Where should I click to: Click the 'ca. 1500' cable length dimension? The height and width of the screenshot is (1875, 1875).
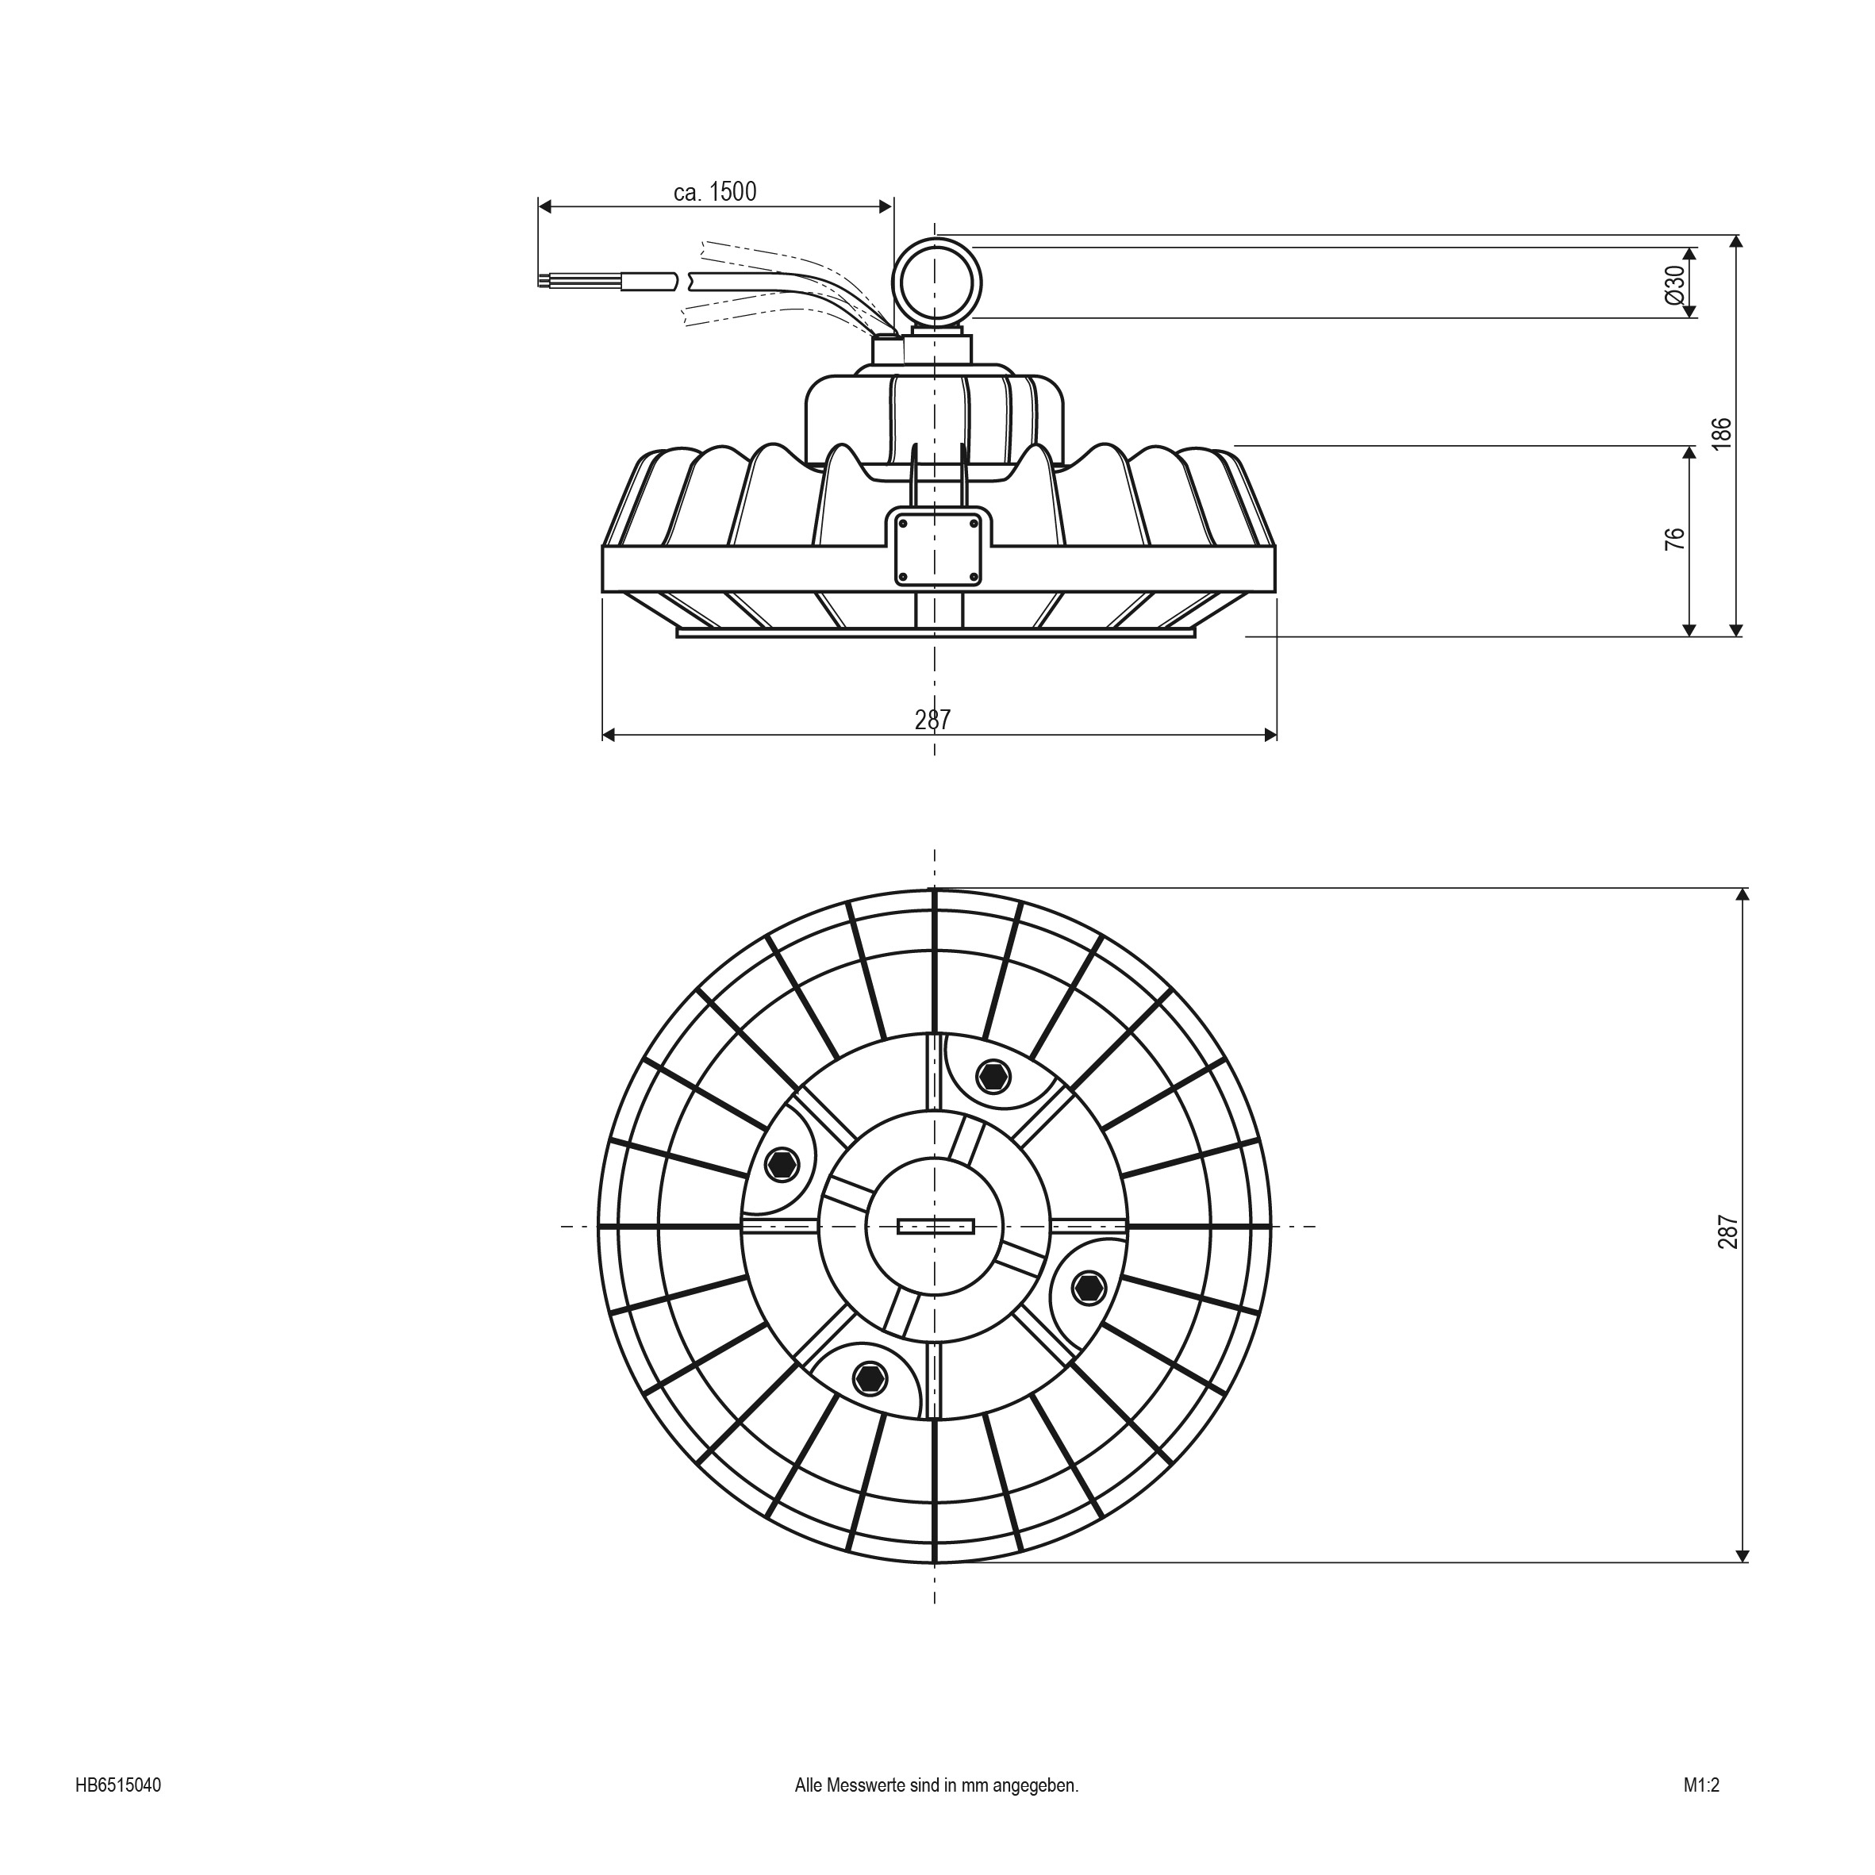714,192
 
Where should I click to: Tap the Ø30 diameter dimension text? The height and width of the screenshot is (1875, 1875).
1674,283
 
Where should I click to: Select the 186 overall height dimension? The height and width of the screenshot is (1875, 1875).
1721,434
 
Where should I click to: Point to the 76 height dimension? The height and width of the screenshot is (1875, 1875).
1675,540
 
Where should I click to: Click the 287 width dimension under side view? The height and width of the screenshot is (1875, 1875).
932,720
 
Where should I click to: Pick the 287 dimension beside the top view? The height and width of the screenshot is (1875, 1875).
1728,1231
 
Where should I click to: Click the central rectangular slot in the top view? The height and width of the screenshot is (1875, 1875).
936,1227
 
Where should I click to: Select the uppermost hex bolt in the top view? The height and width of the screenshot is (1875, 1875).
992,1076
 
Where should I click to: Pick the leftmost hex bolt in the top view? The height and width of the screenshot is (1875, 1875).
782,1163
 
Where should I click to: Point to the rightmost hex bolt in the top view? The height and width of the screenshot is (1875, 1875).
1089,1288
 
